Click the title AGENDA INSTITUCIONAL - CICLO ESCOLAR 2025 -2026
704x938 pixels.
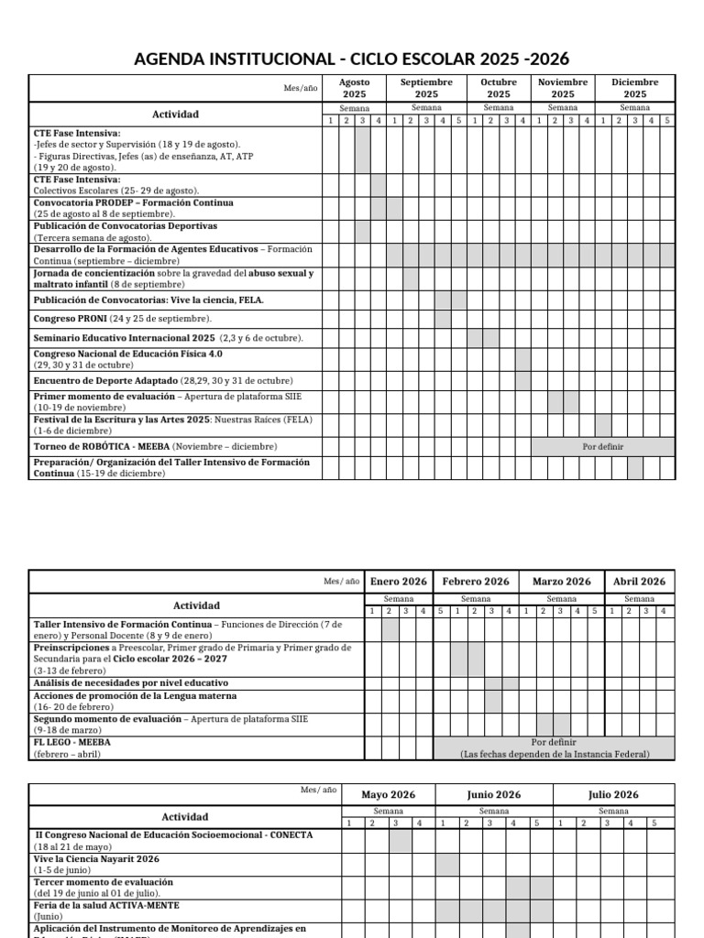352,59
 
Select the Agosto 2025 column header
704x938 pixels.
354,88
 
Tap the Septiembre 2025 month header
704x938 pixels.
426,88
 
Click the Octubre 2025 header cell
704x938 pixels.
499,88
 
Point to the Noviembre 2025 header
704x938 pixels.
563,88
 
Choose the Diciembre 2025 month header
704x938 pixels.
634,88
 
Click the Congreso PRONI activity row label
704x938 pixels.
123,319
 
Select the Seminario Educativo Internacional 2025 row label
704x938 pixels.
168,338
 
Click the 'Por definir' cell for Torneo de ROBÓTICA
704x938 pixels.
602,447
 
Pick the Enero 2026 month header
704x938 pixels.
399,582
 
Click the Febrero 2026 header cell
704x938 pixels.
476,582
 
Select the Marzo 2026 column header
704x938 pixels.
561,582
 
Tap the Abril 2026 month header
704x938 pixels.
639,582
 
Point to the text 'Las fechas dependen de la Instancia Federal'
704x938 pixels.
555,754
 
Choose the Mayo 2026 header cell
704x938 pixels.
389,795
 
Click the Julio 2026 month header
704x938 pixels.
613,795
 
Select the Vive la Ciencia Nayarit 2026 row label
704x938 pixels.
97,859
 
